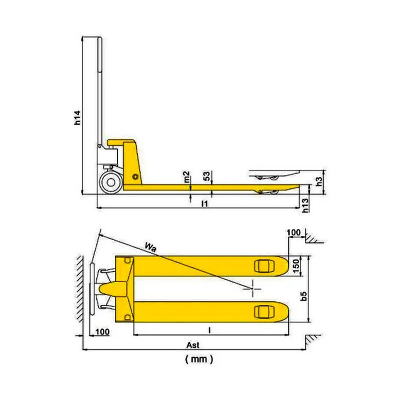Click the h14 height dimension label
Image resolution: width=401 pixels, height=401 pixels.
point(78,118)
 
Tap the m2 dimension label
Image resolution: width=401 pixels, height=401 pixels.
point(187,177)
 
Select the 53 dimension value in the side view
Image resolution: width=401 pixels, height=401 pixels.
point(207,176)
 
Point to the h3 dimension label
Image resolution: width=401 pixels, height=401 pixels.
point(319,181)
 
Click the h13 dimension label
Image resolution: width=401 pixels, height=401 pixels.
point(305,204)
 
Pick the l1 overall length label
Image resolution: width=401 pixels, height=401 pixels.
point(205,204)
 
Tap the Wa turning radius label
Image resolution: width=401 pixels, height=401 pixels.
point(150,247)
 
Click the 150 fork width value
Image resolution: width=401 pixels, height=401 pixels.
point(295,266)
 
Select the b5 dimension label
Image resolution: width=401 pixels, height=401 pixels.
point(304,296)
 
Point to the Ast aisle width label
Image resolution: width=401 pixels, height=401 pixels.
point(193,345)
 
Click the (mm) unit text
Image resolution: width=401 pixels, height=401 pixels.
point(199,359)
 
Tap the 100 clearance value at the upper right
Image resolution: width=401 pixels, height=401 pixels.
point(294,233)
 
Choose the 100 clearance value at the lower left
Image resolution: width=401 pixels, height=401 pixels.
point(103,332)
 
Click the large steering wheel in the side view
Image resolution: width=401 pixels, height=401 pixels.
point(111,182)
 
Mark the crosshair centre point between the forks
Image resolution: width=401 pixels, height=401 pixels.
point(252,289)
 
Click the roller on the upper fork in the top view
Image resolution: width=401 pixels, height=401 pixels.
point(265,266)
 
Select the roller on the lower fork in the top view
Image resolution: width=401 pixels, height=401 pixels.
point(265,312)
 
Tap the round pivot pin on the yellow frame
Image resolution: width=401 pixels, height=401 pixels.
point(135,177)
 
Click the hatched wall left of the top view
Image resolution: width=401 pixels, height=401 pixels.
point(80,289)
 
